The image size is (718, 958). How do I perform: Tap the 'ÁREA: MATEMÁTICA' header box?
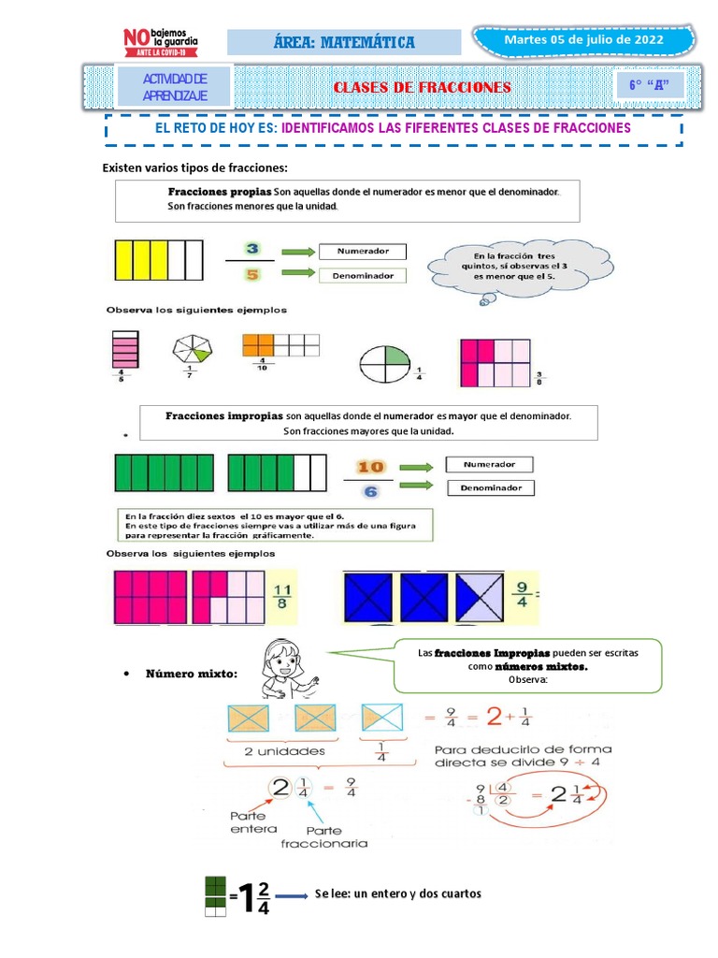point(345,42)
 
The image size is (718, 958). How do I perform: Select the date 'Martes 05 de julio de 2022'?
point(583,40)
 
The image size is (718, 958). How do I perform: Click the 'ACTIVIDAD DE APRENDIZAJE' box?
point(174,87)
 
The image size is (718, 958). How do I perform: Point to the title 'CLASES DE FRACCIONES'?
point(423,87)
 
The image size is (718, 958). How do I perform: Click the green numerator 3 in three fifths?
point(251,249)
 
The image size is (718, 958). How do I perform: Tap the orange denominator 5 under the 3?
point(251,274)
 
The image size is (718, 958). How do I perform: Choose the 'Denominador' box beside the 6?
point(490,487)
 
